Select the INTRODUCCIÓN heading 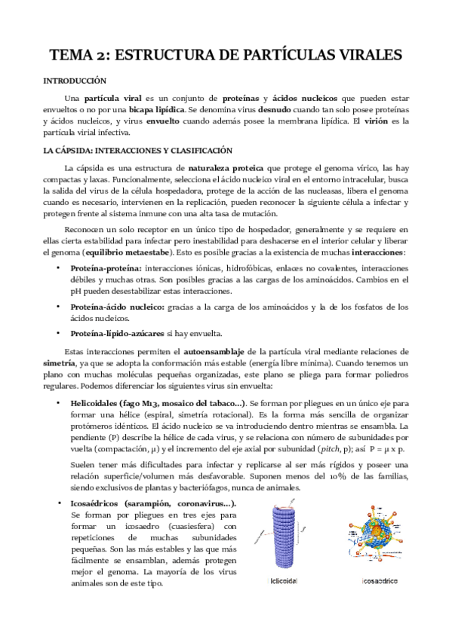tap(75, 81)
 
